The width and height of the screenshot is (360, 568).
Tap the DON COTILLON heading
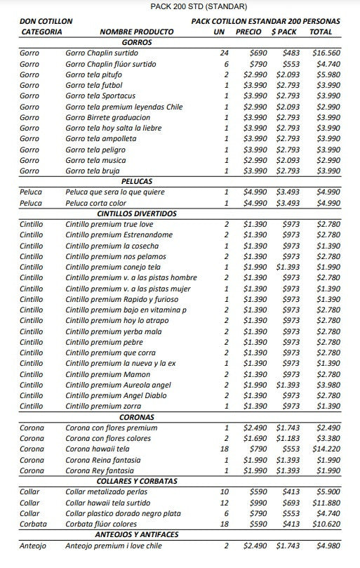(x=46, y=22)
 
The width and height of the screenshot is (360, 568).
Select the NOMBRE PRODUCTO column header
(x=137, y=32)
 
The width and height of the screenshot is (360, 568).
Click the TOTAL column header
(x=321, y=32)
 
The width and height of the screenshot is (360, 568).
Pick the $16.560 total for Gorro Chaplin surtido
(x=326, y=53)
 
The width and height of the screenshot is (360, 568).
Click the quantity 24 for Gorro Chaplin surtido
(x=224, y=53)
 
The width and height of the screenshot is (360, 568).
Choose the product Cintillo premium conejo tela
(x=113, y=267)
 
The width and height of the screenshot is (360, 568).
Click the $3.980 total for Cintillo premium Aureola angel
(x=328, y=385)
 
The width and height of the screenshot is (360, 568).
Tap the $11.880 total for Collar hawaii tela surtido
(x=326, y=503)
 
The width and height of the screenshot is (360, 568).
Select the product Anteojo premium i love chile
(x=114, y=546)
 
